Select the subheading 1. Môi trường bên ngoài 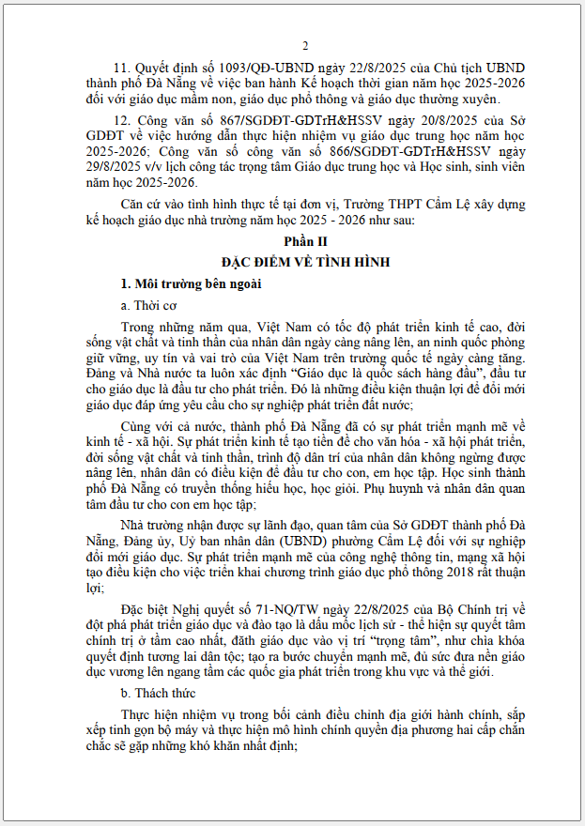(184, 283)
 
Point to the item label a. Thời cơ (148, 305)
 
